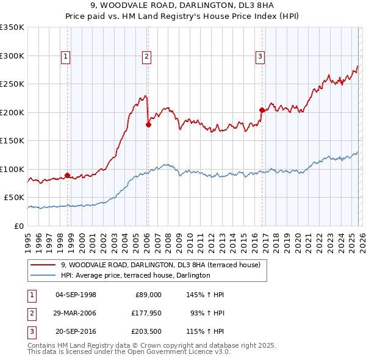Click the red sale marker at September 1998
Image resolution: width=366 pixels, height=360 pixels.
click(67, 175)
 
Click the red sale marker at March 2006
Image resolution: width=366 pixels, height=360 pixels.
click(148, 124)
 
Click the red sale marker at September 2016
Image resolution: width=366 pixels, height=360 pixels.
click(262, 110)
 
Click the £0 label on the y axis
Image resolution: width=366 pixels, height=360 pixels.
click(18, 226)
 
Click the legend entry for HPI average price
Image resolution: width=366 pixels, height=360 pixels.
click(135, 275)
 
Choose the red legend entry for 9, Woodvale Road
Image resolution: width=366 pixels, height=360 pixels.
click(160, 265)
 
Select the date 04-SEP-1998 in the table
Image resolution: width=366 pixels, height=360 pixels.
click(76, 295)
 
